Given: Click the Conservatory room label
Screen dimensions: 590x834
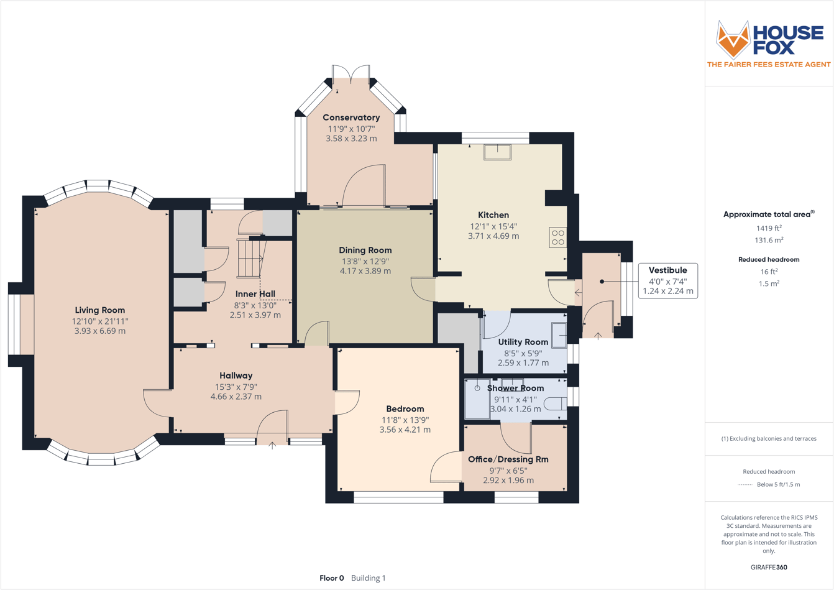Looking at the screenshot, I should coord(351,118).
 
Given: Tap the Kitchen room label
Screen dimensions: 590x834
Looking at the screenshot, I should coord(493,215).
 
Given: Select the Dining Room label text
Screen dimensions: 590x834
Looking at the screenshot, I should coord(365,250).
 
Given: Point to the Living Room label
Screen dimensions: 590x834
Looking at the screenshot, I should coord(99,310).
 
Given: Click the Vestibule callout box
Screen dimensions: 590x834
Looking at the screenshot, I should coord(667,281).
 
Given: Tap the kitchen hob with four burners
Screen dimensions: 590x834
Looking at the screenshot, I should coord(557,237).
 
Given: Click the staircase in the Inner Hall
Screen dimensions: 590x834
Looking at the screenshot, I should coord(251,259).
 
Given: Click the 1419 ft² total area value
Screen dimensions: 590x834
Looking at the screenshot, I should coord(768,228).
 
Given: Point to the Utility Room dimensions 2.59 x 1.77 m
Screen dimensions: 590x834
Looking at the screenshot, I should coord(523,362).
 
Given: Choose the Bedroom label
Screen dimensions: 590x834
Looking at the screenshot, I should coord(405,408).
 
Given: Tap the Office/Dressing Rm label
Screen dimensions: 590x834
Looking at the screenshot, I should coord(508,459).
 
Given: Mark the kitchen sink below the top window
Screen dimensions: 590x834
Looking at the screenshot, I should coord(497,152).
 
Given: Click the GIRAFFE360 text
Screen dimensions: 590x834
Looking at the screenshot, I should coord(769,567).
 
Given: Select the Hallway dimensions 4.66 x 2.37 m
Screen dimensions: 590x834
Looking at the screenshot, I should coord(236,396).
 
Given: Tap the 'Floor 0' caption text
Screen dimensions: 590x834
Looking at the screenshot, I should coord(331,578).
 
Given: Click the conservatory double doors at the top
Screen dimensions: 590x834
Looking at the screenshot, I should coord(352,74).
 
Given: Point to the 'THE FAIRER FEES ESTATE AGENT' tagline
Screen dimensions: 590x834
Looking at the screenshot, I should coord(769,64).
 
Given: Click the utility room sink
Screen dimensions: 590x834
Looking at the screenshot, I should coord(559,335).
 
